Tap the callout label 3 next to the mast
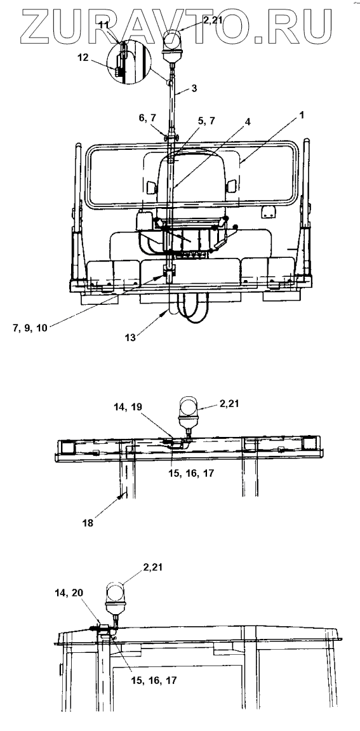coord(195,87)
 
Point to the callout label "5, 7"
coord(206,121)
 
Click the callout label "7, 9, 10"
coord(30,327)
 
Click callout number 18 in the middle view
coord(87,523)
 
